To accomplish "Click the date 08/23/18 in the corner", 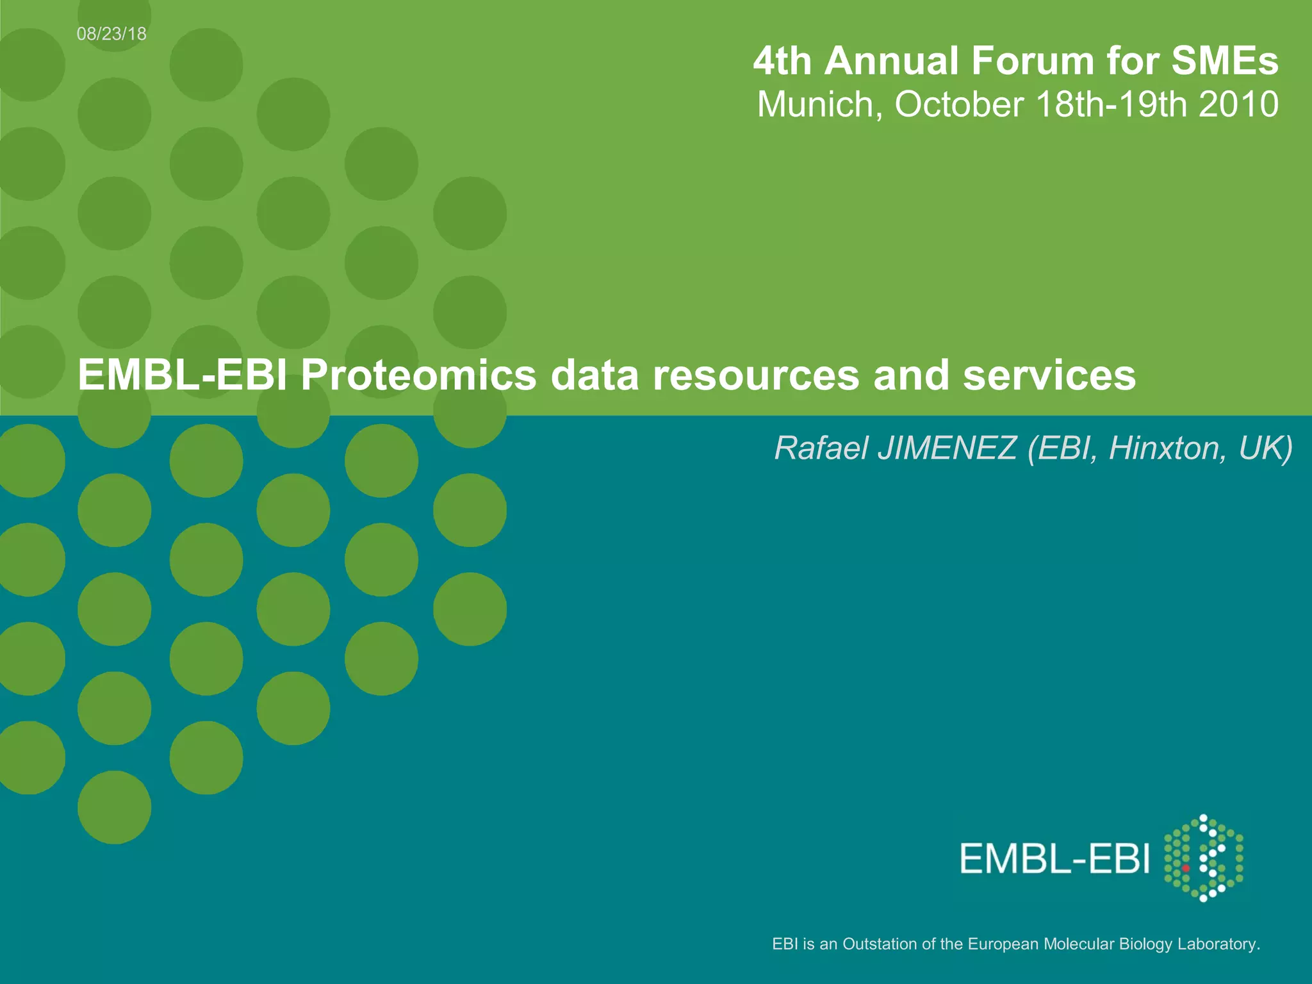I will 111,34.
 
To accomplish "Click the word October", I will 959,104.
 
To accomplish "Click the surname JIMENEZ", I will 947,448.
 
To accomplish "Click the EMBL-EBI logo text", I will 1054,859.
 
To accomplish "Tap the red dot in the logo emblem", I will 1186,868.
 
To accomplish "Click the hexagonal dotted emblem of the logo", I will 1203,858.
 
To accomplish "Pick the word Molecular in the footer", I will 1079,944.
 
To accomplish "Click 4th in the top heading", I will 783,61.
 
